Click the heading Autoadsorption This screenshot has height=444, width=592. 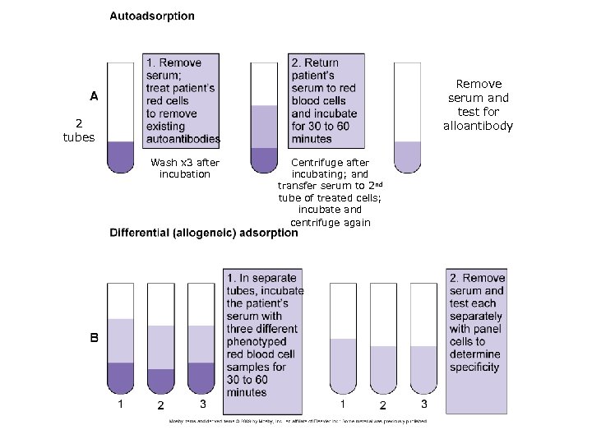(x=152, y=16)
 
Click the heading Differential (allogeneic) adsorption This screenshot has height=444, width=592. (x=204, y=233)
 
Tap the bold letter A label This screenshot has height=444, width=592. (x=95, y=95)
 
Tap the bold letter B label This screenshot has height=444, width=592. (x=95, y=337)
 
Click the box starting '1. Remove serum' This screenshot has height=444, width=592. (x=183, y=99)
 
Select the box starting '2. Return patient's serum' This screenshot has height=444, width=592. (x=325, y=99)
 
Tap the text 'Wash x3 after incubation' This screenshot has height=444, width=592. (x=180, y=169)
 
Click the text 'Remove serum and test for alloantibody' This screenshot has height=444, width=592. (x=479, y=104)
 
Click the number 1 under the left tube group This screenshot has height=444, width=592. (x=121, y=404)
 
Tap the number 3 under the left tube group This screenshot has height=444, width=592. (x=202, y=404)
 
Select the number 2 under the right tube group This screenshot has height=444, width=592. (x=382, y=406)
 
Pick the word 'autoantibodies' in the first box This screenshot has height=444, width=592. (x=183, y=138)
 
